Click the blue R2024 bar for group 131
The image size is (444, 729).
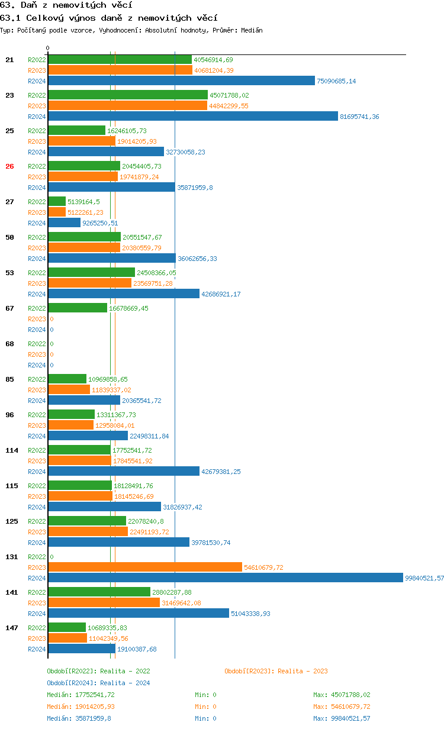click(225, 578)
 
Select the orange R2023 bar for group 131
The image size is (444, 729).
click(145, 567)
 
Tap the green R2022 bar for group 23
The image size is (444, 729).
click(128, 95)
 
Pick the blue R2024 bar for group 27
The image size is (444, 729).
click(65, 223)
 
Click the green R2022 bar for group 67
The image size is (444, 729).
click(78, 308)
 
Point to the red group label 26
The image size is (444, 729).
click(9, 166)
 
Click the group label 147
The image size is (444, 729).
click(11, 628)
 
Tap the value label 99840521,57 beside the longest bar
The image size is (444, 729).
click(424, 578)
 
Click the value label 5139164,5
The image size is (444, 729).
click(83, 202)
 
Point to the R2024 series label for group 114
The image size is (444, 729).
click(37, 472)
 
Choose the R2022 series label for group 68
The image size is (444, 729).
click(37, 344)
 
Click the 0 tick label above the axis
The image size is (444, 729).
click(48, 48)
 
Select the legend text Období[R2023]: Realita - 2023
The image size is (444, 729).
click(276, 671)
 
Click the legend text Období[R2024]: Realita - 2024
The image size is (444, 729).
click(98, 683)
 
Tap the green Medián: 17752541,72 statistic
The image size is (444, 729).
click(81, 695)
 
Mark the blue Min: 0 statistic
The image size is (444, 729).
click(205, 718)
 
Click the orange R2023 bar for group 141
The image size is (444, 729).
click(104, 603)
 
